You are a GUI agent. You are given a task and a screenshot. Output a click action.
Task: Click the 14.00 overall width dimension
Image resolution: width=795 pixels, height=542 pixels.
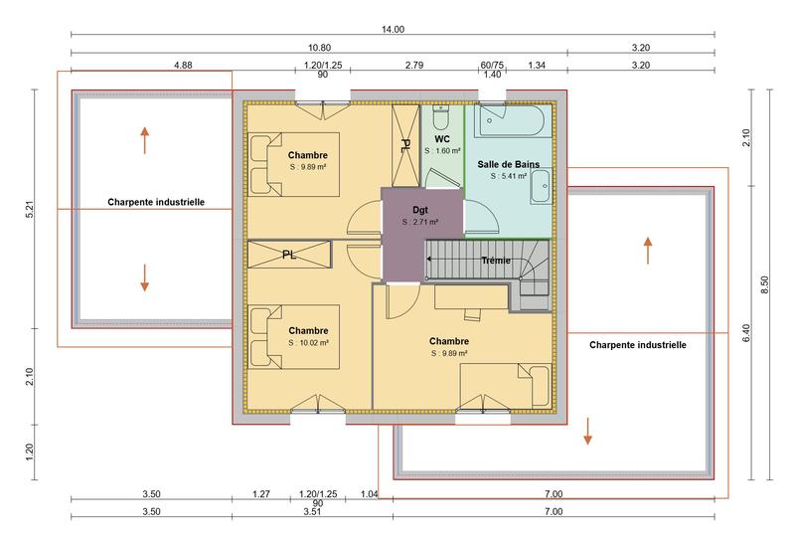tap(393, 30)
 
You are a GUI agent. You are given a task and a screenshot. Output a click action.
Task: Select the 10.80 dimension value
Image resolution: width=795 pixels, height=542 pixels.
tap(319, 48)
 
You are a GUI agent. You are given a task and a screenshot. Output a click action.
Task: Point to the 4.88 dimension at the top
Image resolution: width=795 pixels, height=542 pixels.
tap(154, 66)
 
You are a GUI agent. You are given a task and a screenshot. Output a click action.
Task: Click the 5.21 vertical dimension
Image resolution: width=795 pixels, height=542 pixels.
tap(33, 211)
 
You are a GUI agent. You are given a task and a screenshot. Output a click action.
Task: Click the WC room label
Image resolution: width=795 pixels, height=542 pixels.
tap(442, 139)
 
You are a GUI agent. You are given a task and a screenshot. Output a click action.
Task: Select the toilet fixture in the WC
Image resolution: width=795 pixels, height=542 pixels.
tap(442, 113)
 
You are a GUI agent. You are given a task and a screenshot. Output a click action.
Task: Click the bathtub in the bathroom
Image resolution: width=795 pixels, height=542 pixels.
tap(511, 122)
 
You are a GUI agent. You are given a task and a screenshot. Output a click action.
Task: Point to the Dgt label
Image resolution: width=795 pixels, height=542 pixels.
tap(420, 210)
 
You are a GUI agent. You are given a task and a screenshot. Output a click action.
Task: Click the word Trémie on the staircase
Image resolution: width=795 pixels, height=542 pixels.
tap(495, 261)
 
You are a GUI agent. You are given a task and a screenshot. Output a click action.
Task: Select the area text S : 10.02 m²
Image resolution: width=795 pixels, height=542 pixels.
tap(308, 342)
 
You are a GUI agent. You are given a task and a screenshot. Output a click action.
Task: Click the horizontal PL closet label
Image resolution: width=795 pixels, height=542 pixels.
tap(288, 255)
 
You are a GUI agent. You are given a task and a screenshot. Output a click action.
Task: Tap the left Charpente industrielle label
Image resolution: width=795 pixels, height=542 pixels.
tap(156, 201)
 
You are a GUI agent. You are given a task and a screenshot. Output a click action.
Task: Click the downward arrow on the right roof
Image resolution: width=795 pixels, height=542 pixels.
tap(588, 431)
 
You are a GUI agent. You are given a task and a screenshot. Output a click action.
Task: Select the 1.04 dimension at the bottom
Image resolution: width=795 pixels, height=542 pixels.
tap(369, 494)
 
